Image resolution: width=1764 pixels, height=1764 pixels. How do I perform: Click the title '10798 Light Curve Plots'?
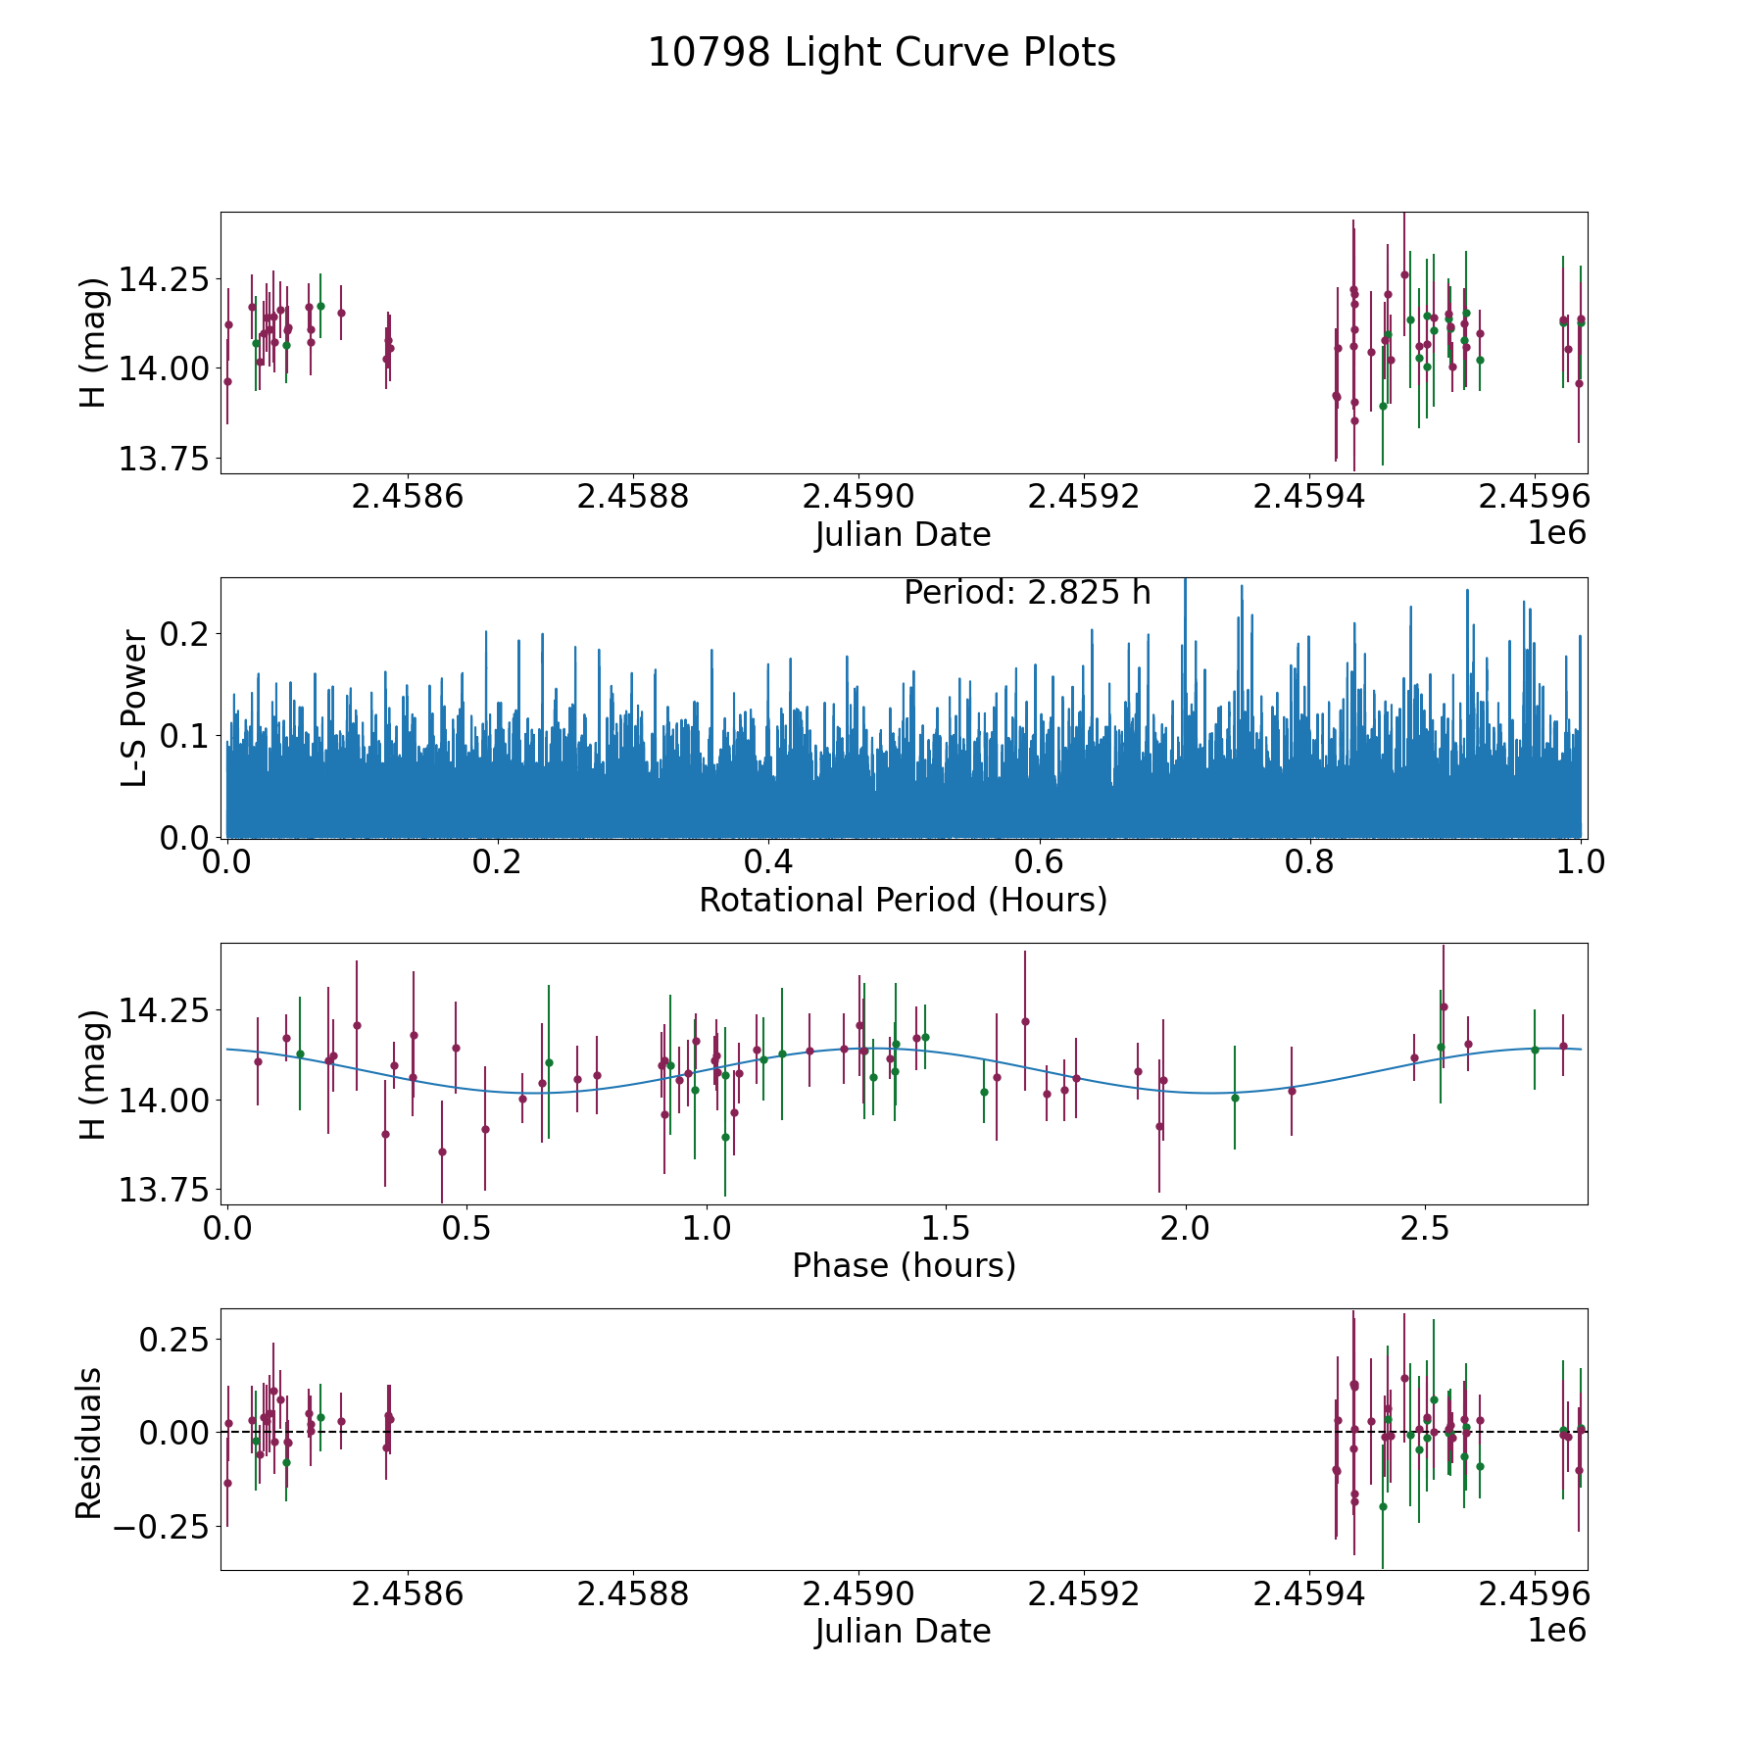pyautogui.click(x=882, y=53)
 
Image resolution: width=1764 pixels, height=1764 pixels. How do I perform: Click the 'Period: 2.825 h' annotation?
pyautogui.click(x=1026, y=593)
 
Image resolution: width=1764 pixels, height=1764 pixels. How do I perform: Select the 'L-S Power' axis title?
pyautogui.click(x=135, y=708)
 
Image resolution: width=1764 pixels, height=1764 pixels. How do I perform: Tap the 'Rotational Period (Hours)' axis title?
pyautogui.click(x=903, y=900)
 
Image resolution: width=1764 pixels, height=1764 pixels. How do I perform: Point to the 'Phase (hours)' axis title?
pyautogui.click(x=903, y=1265)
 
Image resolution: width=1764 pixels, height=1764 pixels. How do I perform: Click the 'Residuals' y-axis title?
pyautogui.click(x=89, y=1444)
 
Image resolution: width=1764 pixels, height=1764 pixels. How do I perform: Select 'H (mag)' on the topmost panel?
pyautogui.click(x=93, y=343)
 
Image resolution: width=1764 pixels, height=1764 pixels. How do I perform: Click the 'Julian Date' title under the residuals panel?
pyautogui.click(x=903, y=1631)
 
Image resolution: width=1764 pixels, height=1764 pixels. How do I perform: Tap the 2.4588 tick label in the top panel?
pyautogui.click(x=632, y=497)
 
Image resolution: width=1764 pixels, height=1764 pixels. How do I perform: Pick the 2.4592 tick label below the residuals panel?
pyautogui.click(x=1083, y=1593)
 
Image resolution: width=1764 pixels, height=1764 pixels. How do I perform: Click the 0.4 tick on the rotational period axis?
pyautogui.click(x=768, y=862)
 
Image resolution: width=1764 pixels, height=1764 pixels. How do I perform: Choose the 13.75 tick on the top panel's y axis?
pyautogui.click(x=162, y=459)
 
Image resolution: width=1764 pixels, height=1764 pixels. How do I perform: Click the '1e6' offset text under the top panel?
pyautogui.click(x=1555, y=533)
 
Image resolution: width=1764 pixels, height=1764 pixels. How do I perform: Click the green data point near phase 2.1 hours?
pyautogui.click(x=1235, y=1098)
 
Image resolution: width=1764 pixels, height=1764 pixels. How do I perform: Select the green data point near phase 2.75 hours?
pyautogui.click(x=1535, y=1050)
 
